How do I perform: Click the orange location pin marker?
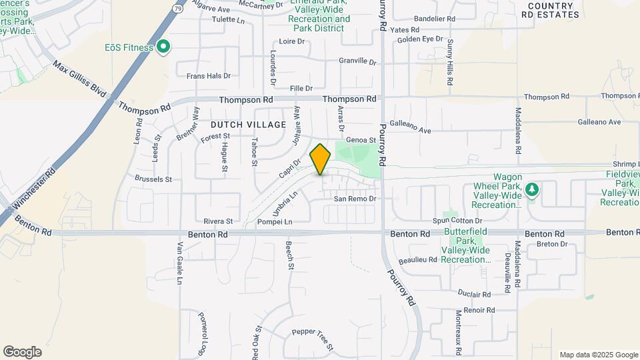[x=321, y=159]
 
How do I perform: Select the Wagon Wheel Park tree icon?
[x=531, y=190]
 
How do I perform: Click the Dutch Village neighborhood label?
[x=248, y=125]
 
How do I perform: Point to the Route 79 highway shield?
[x=176, y=9]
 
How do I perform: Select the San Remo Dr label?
[x=355, y=199]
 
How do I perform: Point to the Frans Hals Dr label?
[x=208, y=76]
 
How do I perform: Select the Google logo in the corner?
[x=22, y=352]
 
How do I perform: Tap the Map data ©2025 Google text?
[x=598, y=355]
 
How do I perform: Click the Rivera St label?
[x=218, y=221]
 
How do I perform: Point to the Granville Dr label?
[x=357, y=61]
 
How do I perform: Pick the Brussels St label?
[x=153, y=179]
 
